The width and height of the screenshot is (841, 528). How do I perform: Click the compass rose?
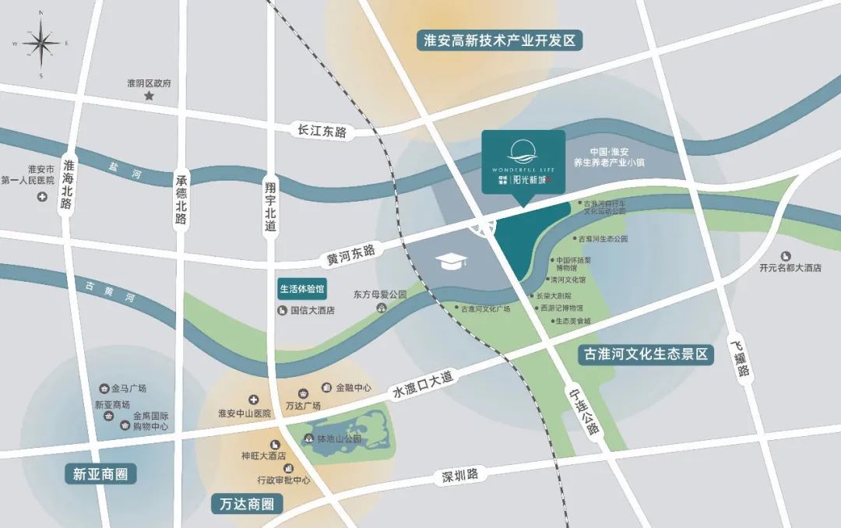coord(40,42)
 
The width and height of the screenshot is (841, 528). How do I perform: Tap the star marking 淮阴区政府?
coord(149,96)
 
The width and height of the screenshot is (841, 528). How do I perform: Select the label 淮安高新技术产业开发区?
coord(500,41)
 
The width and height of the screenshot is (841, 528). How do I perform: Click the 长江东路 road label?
coord(322,132)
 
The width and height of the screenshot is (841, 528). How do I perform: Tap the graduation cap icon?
coord(450,261)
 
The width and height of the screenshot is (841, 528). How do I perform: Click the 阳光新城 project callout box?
coord(523,161)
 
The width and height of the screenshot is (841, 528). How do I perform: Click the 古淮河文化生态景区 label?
coord(646,354)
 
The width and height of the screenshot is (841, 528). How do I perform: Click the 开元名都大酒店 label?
coord(790,267)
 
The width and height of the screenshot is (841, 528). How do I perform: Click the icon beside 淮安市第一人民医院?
coord(42,195)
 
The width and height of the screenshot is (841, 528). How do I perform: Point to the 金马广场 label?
coord(128,388)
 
